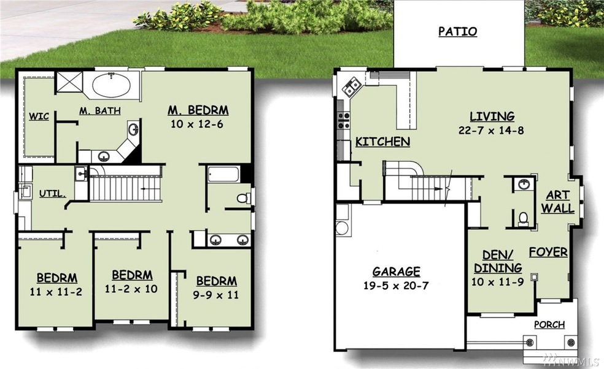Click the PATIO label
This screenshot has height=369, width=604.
458,31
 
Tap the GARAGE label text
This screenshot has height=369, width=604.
396,272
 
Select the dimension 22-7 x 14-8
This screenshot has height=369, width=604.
491,130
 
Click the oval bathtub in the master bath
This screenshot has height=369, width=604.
111,85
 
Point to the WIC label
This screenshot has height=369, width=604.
39,116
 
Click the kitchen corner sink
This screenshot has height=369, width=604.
351,87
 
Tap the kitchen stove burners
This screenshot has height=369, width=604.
344,120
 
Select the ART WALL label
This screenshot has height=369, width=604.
557,202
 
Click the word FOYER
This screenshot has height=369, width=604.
548,252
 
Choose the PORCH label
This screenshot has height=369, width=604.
549,324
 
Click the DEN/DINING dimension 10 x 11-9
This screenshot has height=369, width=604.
497,282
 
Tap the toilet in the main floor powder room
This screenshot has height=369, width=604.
523,219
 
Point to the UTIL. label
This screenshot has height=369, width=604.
52,194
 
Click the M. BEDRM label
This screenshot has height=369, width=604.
198,110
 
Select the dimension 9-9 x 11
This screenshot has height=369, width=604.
215,295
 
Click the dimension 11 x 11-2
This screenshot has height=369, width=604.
56,292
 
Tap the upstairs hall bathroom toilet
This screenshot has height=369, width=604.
243,198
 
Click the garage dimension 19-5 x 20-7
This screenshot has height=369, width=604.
396,286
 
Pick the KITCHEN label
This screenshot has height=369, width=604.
382,142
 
